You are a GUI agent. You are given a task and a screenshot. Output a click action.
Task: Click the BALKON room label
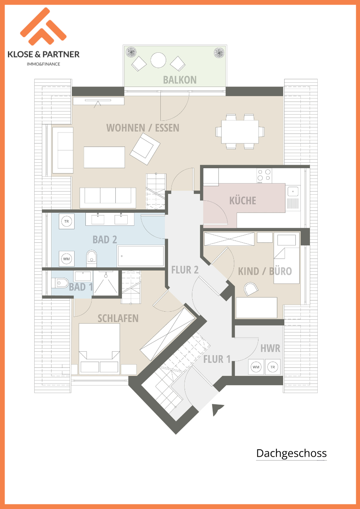(180, 80)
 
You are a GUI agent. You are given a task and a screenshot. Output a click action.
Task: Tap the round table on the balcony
(158, 60)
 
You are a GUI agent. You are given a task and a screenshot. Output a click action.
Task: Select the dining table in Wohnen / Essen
(240, 132)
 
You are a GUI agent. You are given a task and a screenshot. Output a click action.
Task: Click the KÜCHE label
(243, 200)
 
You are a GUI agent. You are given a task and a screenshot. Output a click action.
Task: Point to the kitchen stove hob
(264, 175)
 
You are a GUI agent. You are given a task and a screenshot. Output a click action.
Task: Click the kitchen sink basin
(293, 191)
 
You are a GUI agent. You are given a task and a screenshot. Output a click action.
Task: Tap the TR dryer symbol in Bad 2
(67, 221)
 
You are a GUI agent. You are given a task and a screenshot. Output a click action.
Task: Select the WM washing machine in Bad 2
(67, 259)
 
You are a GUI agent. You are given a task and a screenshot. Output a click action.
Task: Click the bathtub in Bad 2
(141, 256)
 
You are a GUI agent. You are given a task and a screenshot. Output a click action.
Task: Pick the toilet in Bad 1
(60, 283)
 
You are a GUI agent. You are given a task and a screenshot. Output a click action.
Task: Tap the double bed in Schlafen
(99, 349)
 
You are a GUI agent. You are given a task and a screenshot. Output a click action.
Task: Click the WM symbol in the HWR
(256, 367)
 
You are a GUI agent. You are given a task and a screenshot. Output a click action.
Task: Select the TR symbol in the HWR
(273, 367)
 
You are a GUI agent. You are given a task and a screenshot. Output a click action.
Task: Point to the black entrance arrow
(217, 409)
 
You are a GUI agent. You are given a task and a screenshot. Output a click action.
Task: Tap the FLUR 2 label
(185, 270)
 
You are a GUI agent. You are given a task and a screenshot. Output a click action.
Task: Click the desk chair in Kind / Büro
(251, 289)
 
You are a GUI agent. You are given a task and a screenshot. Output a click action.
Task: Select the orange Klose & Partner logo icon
(43, 27)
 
